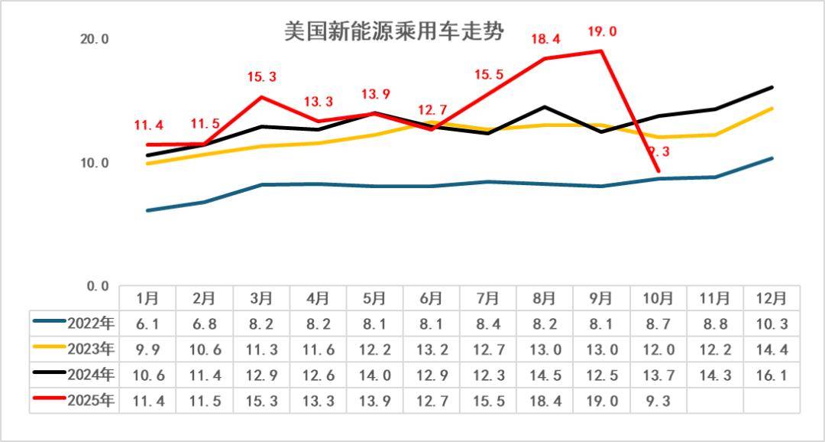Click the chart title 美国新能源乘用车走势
tap(394, 32)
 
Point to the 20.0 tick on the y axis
tap(95, 39)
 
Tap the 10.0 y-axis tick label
tap(95, 163)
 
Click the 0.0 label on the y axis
tap(98, 286)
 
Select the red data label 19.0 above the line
tap(602, 32)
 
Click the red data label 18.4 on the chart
tap(545, 39)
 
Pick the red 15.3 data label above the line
tap(262, 77)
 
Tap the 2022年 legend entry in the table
tap(74, 323)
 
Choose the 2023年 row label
tap(74, 349)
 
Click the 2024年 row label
tap(74, 375)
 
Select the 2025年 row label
tap(74, 401)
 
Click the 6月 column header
tap(432, 297)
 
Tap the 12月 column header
tap(772, 297)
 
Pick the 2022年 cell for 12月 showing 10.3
tap(772, 323)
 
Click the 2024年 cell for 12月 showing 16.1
tap(772, 375)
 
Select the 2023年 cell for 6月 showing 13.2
tap(432, 349)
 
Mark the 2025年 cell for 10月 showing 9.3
tap(658, 401)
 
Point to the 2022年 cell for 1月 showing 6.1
tap(148, 323)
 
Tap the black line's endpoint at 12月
tap(772, 87)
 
